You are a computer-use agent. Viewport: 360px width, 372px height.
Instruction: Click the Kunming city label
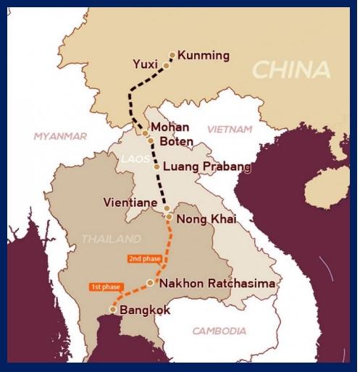[x=204, y=55]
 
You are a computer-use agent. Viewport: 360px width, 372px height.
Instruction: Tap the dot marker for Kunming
[x=172, y=54]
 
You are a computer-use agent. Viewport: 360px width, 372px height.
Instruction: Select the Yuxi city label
[x=146, y=64]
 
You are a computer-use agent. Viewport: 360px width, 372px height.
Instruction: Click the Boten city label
[x=175, y=140]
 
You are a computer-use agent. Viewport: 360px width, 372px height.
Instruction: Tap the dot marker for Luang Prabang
[x=156, y=166]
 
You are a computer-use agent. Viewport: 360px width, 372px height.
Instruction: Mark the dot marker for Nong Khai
[x=169, y=216]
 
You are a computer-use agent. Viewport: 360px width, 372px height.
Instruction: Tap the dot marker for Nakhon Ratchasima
[x=150, y=283]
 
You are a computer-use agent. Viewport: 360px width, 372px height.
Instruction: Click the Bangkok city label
[x=145, y=310]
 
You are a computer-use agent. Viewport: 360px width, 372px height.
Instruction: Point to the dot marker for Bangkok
[x=112, y=310]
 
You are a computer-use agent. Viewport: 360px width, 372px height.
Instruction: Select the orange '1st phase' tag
[x=104, y=286]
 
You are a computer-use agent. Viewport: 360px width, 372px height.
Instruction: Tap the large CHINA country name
[x=291, y=70]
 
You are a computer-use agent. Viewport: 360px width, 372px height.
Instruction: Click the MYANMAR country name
[x=61, y=136]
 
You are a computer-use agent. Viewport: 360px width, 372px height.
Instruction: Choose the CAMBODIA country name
[x=219, y=331]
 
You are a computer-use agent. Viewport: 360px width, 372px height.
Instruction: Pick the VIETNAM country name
[x=230, y=129]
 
